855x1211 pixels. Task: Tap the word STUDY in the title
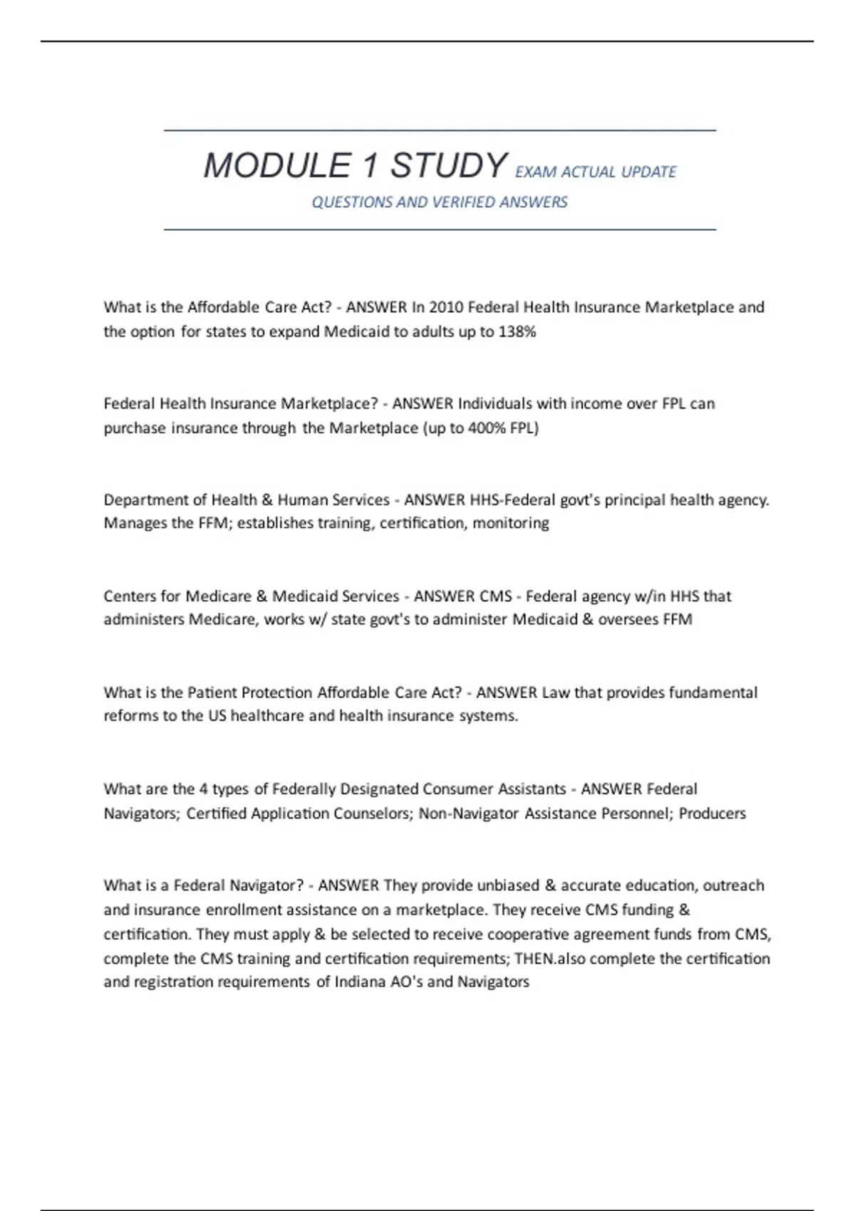[448, 166]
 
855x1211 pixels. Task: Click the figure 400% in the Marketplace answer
[487, 428]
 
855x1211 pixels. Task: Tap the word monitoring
[511, 524]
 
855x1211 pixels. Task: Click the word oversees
[628, 620]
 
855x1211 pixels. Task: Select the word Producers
[712, 814]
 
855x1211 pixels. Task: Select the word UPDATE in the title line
[648, 172]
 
